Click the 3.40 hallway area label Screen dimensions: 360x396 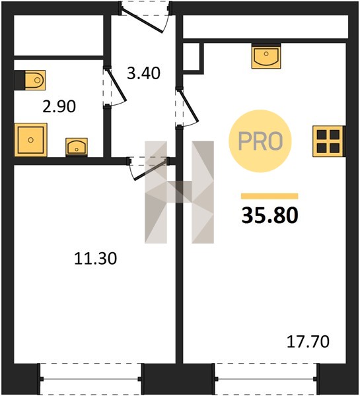pyautogui.click(x=143, y=73)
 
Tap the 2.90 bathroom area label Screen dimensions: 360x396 pyautogui.click(x=59, y=106)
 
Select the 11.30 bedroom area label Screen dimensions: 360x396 pyautogui.click(x=96, y=259)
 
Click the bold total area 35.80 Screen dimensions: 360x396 pyautogui.click(x=270, y=215)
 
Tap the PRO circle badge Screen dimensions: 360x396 pyautogui.click(x=260, y=141)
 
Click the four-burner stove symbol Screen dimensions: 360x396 pyautogui.click(x=329, y=141)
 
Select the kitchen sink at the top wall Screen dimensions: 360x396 pyautogui.click(x=266, y=56)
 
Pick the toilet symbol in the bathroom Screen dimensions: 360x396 pyautogui.click(x=35, y=80)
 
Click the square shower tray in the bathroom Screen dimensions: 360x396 pyautogui.click(x=31, y=140)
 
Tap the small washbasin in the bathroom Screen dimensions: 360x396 pyautogui.click(x=77, y=147)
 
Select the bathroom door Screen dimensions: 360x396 pyautogui.click(x=114, y=86)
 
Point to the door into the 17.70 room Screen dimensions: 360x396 pyautogui.click(x=187, y=107)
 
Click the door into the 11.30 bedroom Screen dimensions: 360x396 pyautogui.click(x=148, y=169)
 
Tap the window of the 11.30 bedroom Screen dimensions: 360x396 pyautogui.click(x=90, y=379)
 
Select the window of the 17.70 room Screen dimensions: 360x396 pyautogui.click(x=266, y=379)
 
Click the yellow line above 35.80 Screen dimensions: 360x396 pyautogui.click(x=270, y=196)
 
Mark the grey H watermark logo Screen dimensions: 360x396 pyautogui.click(x=179, y=192)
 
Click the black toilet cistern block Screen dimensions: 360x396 pyautogui.click(x=20, y=80)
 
